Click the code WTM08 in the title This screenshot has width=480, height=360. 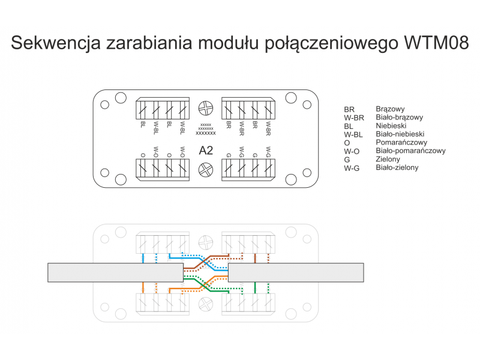[x=436, y=42]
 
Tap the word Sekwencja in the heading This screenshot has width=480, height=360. [x=56, y=43]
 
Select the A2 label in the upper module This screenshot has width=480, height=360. [x=206, y=151]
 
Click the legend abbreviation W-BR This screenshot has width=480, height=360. [x=354, y=118]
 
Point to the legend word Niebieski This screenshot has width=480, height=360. [x=391, y=125]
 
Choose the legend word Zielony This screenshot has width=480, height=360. [x=388, y=159]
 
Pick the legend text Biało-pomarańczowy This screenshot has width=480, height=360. [x=410, y=151]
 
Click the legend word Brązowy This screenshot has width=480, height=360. [x=390, y=109]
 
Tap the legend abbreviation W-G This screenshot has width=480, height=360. [x=352, y=168]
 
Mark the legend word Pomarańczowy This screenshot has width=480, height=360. [x=401, y=143]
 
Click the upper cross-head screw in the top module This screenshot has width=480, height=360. [x=206, y=108]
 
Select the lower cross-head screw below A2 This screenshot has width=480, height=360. [x=206, y=170]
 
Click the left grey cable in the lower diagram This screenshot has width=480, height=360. [x=115, y=272]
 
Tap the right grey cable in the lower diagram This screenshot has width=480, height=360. [x=296, y=272]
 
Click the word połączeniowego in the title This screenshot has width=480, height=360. [x=331, y=43]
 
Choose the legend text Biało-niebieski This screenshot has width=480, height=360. [x=400, y=134]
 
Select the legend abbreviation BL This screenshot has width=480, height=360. [x=349, y=126]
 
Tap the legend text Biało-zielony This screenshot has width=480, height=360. [x=397, y=168]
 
